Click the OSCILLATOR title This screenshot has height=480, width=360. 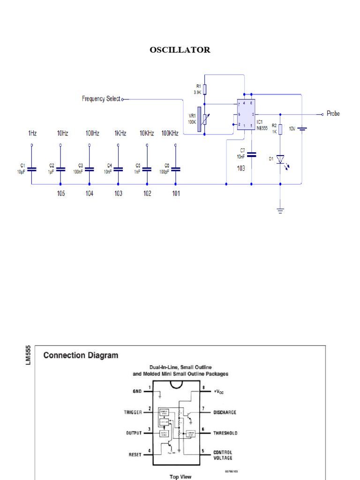(180, 50)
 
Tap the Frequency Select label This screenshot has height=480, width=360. (101, 99)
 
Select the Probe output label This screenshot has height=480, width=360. (333, 113)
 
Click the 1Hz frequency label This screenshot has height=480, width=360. (32, 133)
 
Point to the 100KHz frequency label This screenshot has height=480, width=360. (170, 133)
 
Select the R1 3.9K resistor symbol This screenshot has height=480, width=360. (205, 90)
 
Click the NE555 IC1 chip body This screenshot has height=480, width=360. (245, 114)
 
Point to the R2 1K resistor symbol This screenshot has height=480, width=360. (280, 129)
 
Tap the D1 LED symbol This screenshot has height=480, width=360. (280, 159)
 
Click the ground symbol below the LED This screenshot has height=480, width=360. (280, 210)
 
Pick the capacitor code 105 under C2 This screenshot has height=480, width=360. (61, 194)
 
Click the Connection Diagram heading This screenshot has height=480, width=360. (81, 355)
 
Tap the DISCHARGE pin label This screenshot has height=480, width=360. (225, 412)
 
